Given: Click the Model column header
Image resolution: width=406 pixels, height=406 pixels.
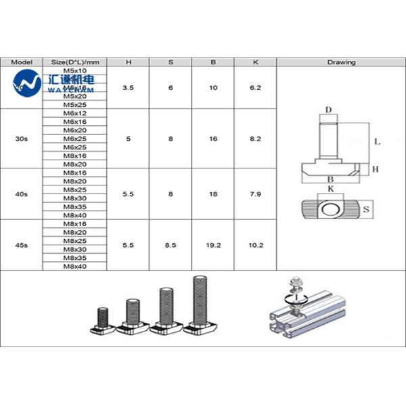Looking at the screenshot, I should (x=22, y=62).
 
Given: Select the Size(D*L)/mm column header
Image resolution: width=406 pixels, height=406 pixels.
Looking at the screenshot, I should (x=74, y=62).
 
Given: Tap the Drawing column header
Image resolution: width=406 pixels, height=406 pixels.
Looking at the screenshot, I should (x=341, y=62).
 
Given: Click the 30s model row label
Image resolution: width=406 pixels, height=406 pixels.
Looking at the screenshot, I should (x=22, y=138).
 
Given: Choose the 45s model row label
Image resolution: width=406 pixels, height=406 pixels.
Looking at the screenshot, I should (x=22, y=245).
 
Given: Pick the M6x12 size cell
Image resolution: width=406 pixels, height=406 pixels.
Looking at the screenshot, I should (x=74, y=113).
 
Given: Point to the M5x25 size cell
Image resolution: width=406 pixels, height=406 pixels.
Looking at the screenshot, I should (x=74, y=104).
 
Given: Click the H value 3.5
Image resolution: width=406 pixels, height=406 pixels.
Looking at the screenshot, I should (x=129, y=87).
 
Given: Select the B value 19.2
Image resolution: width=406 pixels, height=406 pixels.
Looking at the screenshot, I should (x=213, y=245).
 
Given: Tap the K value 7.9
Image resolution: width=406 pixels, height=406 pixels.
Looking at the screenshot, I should (x=256, y=194).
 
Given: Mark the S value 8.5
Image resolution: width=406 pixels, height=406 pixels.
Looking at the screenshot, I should (x=171, y=245).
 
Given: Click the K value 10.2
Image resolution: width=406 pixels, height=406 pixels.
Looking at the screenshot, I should (x=256, y=245).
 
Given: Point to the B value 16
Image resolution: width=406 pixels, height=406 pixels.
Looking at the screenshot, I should (x=213, y=138).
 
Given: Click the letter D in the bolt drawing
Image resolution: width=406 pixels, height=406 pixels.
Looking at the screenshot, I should (x=328, y=110).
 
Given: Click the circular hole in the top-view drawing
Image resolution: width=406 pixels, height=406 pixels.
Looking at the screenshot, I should (x=331, y=210).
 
